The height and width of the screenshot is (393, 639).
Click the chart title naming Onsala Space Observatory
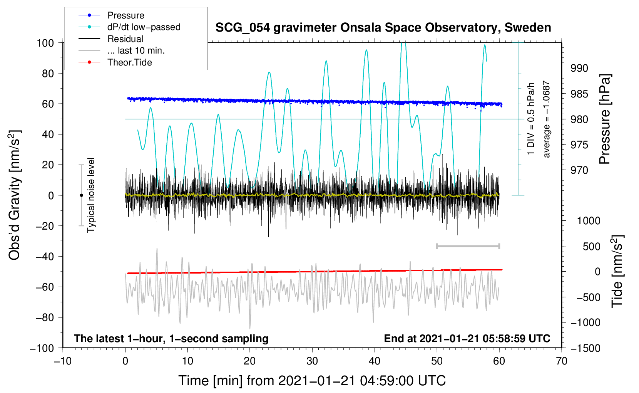(383, 28)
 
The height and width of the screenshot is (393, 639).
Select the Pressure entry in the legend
(126, 15)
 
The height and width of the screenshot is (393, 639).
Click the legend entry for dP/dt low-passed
(144, 27)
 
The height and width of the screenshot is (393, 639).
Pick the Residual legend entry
(125, 39)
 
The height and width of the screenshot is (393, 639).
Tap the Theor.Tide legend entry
(129, 62)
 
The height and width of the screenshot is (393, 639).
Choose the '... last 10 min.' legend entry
(136, 50)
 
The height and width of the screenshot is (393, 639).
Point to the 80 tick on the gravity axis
(48, 73)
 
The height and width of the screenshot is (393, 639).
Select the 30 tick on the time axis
(312, 361)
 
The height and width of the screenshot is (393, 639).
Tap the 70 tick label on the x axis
(562, 361)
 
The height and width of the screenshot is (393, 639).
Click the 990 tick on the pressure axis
(579, 68)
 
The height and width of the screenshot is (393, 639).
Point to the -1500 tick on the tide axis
(585, 348)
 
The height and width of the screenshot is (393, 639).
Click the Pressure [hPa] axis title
(605, 119)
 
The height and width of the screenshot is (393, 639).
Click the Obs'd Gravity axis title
(15, 195)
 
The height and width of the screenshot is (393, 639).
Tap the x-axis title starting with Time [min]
(312, 381)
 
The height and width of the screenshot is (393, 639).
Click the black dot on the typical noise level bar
(81, 195)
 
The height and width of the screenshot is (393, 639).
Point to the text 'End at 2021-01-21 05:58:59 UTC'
(467, 338)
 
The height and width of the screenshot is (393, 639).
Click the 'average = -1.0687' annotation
(547, 119)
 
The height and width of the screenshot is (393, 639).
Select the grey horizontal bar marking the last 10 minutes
(468, 246)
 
